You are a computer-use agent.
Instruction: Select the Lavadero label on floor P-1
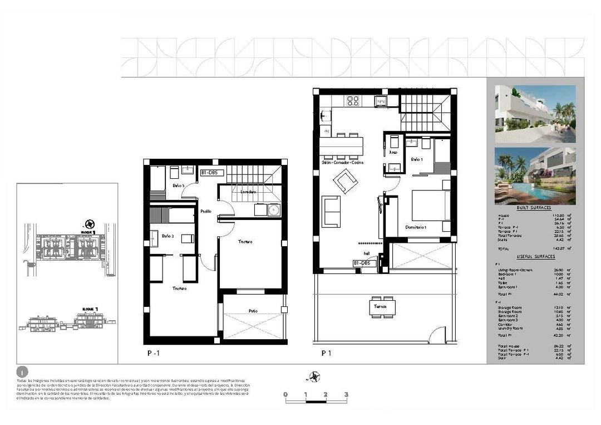coord(248,192)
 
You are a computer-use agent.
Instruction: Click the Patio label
coord(253,311)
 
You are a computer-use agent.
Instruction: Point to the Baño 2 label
coord(168,237)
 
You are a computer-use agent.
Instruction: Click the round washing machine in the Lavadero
coord(273,210)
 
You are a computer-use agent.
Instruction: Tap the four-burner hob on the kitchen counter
coord(353,101)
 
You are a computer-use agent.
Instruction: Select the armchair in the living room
coord(346,180)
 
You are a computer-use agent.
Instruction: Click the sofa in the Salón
coord(332,211)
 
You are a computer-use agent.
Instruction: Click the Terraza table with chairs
coord(383,307)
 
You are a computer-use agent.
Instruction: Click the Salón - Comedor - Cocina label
coord(343,162)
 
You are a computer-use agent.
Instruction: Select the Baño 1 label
coord(417,159)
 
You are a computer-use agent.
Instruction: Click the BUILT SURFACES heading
coord(535,207)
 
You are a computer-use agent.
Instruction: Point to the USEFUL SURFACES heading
coord(535,256)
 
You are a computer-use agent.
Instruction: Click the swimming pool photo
coord(535,175)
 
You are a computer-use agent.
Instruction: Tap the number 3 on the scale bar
coord(346,394)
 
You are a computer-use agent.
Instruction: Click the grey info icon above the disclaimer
coord(22,372)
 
